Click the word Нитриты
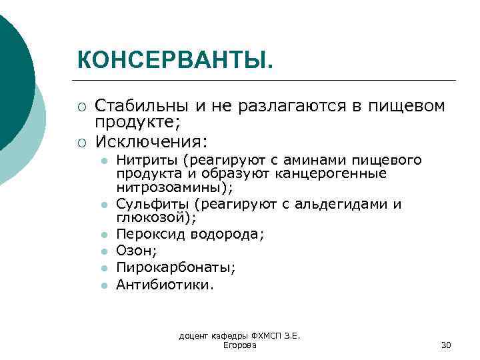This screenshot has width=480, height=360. pyautogui.click(x=147, y=160)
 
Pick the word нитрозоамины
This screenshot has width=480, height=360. pyautogui.click(x=173, y=187)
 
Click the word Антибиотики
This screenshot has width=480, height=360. pyautogui.click(x=164, y=284)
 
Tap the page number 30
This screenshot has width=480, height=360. pyautogui.click(x=446, y=345)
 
